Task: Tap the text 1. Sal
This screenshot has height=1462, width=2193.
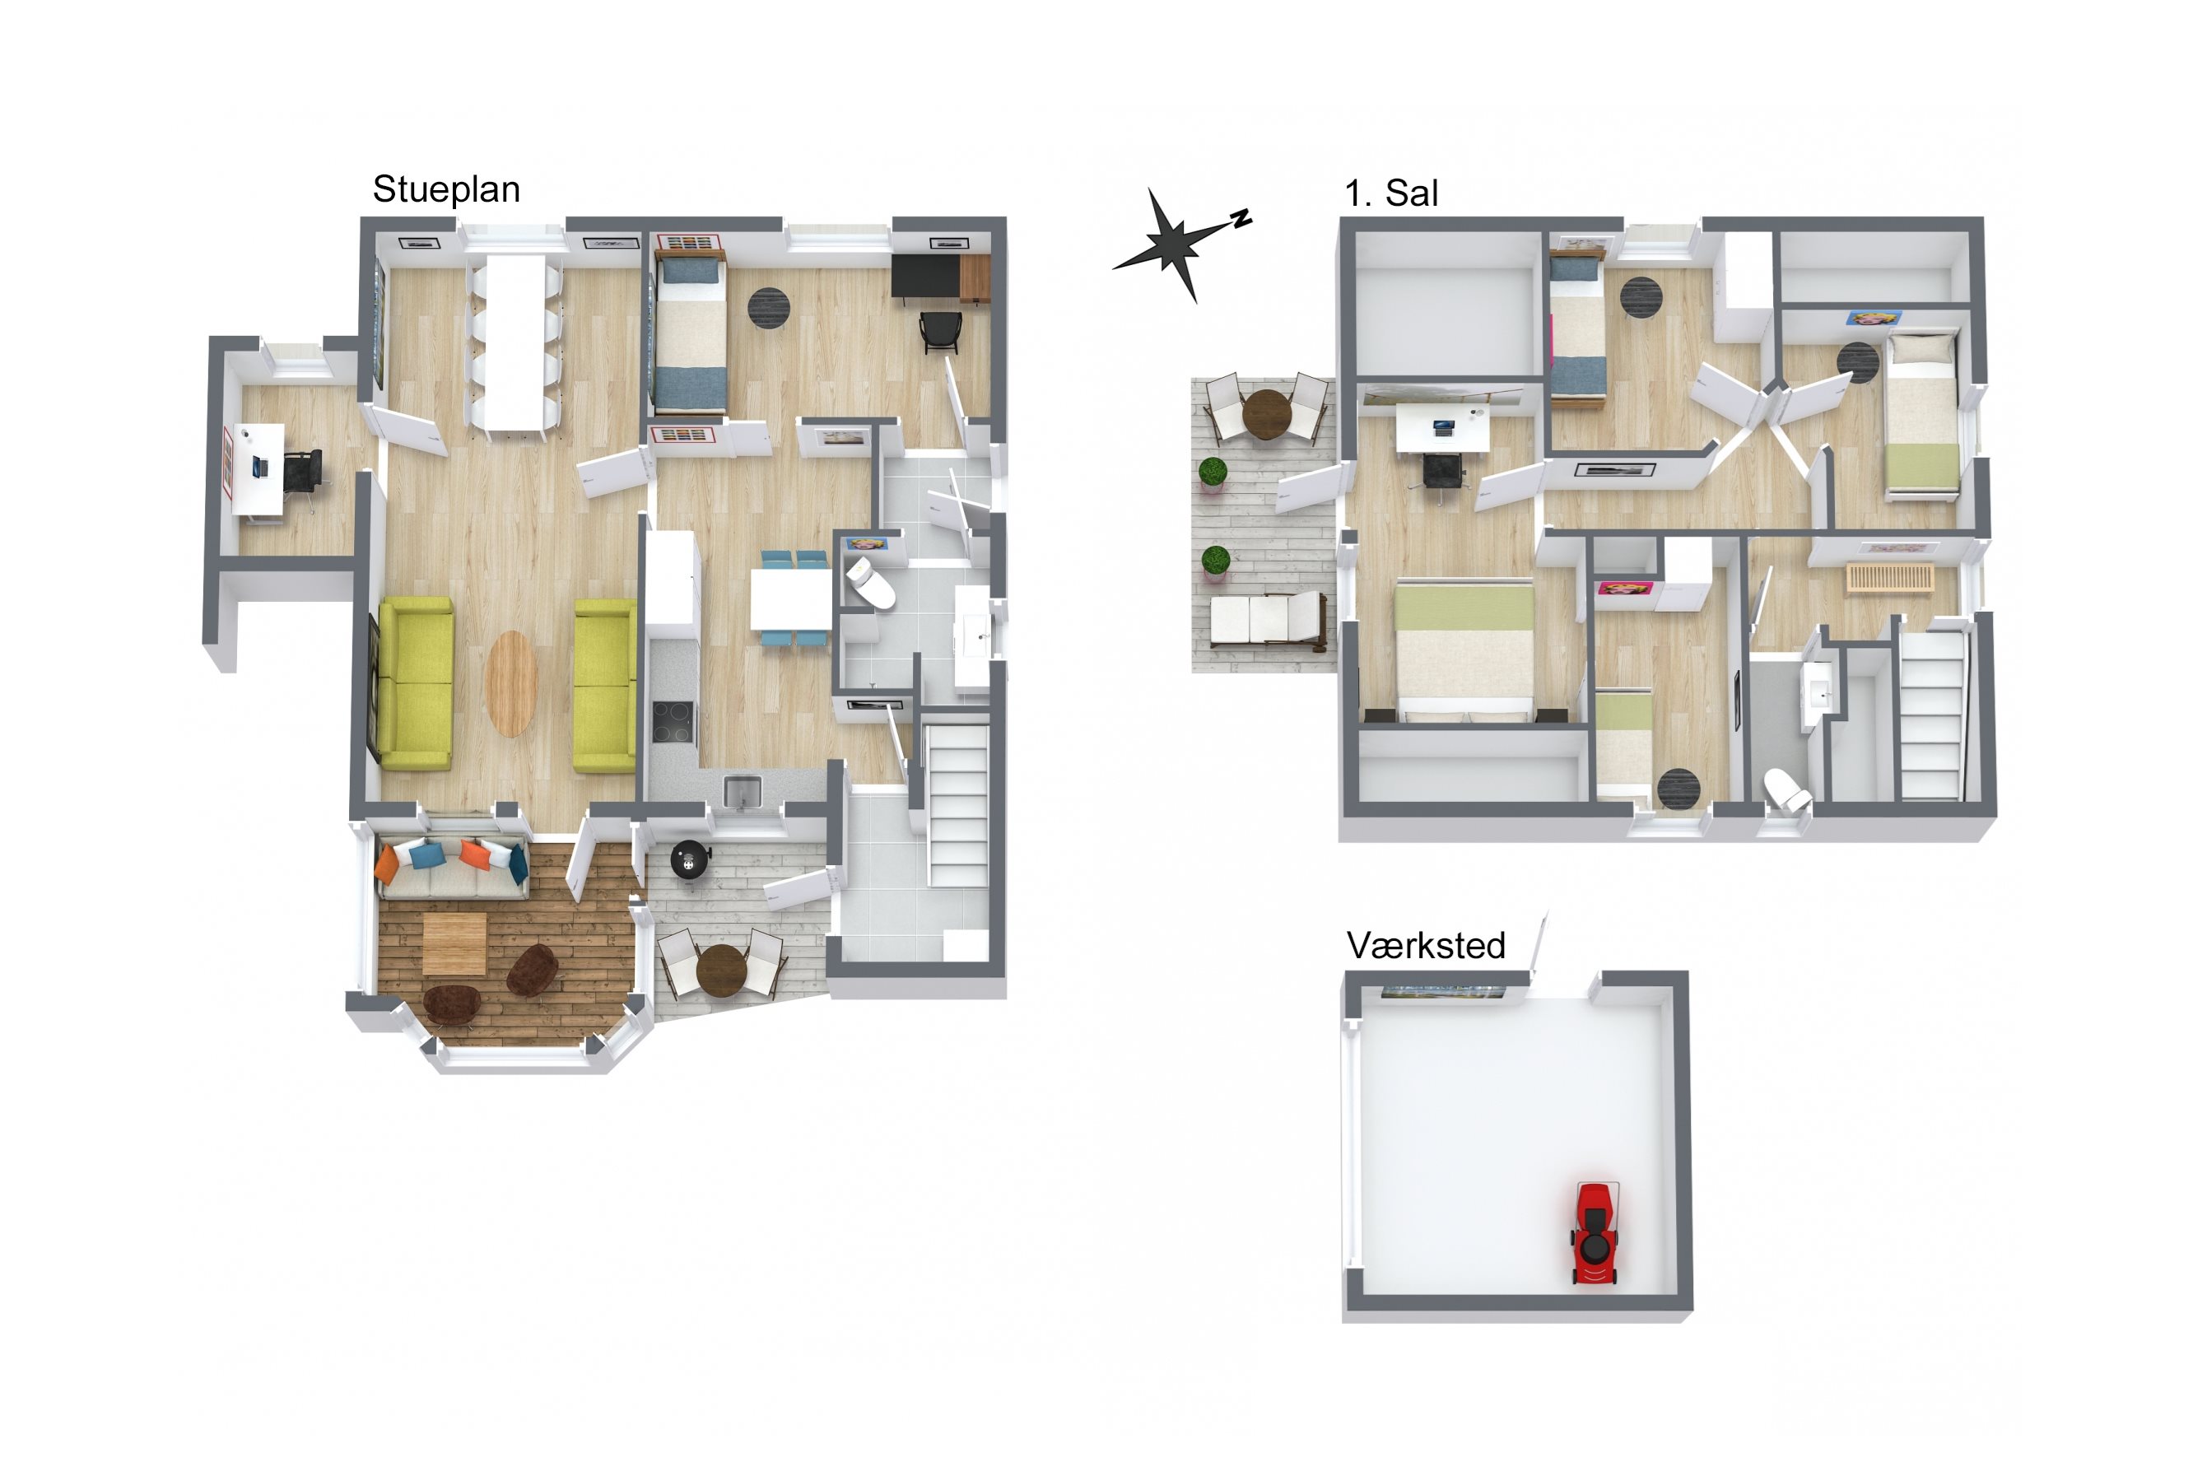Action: [x=1391, y=193]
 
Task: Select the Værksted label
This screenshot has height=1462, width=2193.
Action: [x=1426, y=946]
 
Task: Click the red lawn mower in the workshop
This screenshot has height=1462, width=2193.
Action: [x=1596, y=1233]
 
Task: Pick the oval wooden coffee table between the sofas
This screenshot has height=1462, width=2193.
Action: [x=512, y=683]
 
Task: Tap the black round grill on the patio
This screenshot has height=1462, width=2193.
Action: [x=690, y=859]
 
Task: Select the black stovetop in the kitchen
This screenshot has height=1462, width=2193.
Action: [x=673, y=722]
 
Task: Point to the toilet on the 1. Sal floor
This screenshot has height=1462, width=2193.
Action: [x=1786, y=788]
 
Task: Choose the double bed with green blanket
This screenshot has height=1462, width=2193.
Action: [x=1464, y=649]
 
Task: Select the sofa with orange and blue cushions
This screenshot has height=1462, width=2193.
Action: [x=451, y=868]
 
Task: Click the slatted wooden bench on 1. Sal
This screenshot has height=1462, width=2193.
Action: [x=1889, y=577]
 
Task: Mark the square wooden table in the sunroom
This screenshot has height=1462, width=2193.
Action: [x=454, y=943]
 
